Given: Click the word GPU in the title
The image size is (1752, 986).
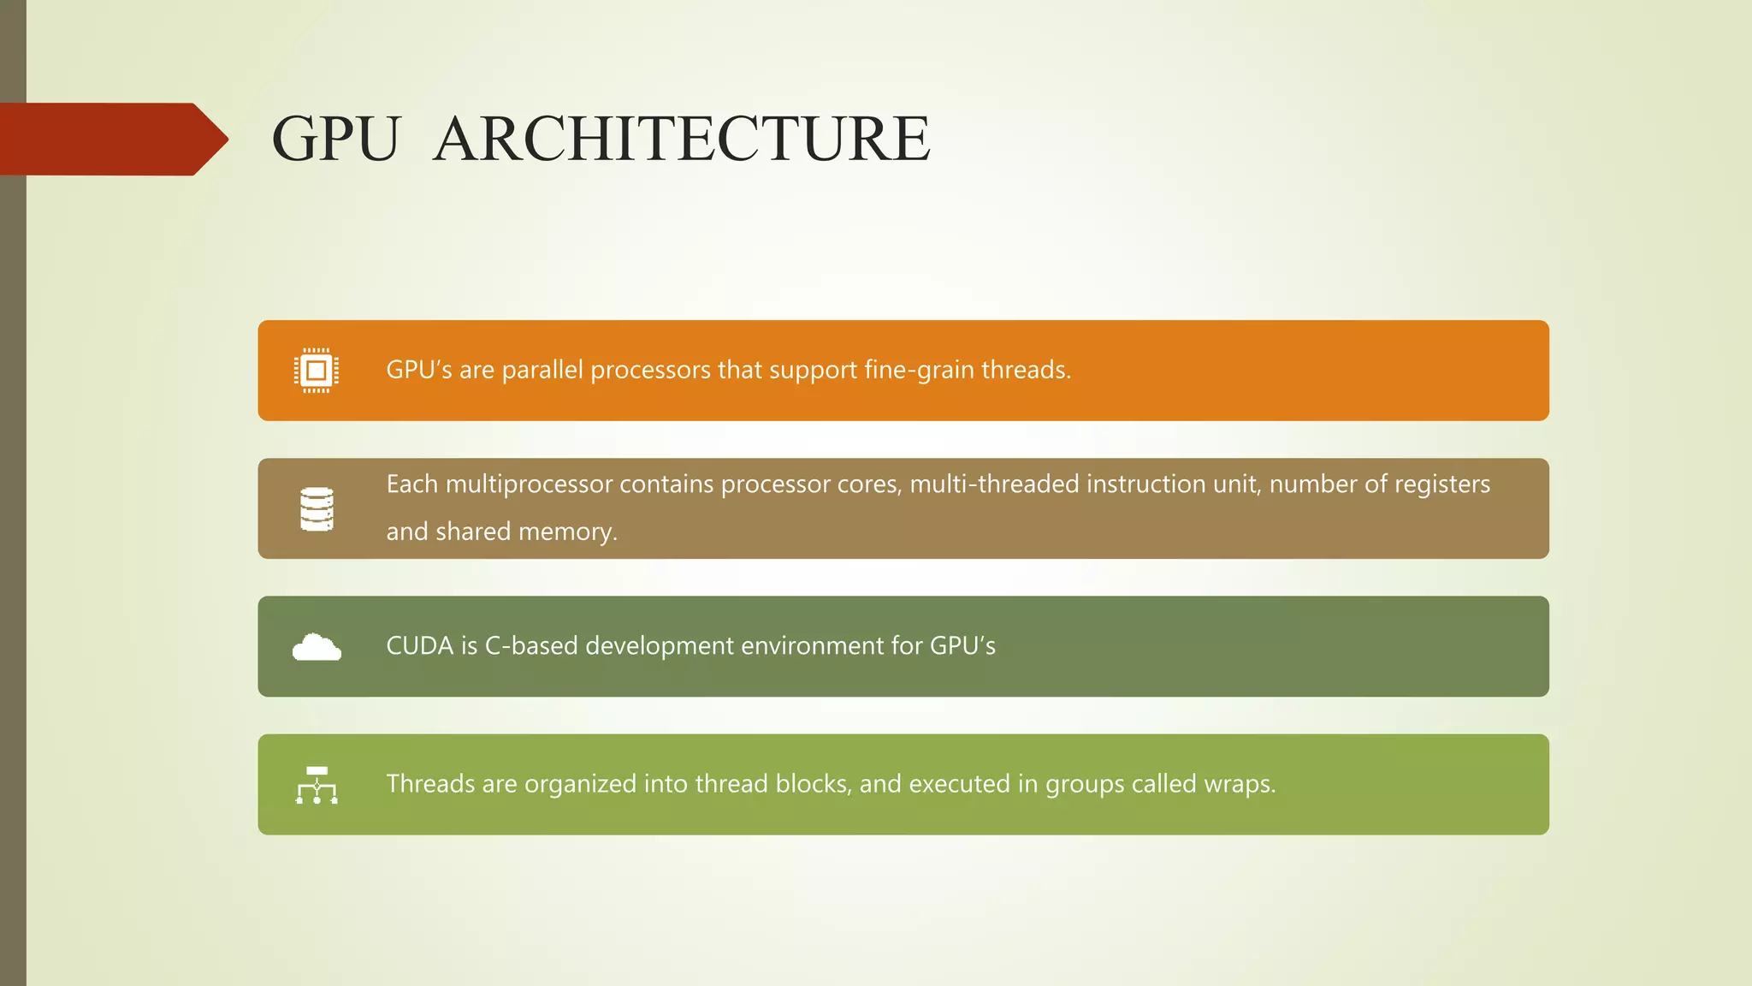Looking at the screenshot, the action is click(335, 139).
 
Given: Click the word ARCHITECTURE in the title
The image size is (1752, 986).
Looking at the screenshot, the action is click(682, 139).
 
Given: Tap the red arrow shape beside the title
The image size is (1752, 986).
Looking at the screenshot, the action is click(111, 139).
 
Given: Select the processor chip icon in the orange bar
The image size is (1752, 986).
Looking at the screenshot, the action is click(317, 371).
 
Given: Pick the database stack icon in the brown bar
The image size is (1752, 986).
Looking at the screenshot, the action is click(317, 509).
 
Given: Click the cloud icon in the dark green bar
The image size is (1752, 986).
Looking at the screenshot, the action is click(317, 647).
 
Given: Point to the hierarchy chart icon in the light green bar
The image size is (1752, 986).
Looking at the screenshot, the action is click(317, 785).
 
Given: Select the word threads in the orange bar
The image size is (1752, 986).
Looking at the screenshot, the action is click(1025, 370).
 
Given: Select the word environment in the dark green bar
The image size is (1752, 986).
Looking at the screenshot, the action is click(813, 645).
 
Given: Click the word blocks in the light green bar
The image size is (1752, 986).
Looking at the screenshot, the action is click(813, 784).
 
